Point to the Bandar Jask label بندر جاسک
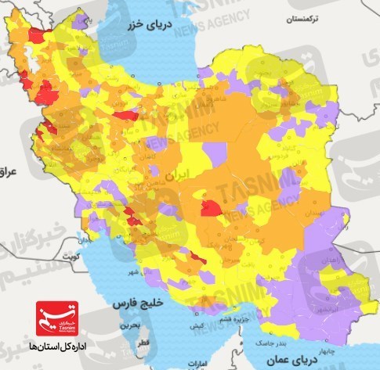[268, 342]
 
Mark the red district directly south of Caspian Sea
[125, 116]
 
